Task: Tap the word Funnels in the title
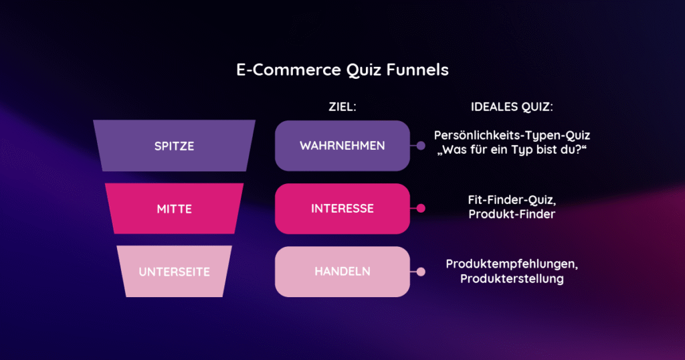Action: [x=417, y=70]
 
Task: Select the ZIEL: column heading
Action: [x=342, y=106]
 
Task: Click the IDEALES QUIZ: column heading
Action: [x=512, y=106]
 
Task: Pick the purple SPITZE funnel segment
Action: [x=175, y=145]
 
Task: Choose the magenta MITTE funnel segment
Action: [x=175, y=208]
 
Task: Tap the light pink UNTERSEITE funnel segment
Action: [x=175, y=271]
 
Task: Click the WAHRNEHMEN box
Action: [x=342, y=145]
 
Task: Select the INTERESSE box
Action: [x=342, y=208]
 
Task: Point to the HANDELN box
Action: [x=342, y=271]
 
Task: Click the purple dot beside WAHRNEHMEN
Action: [x=421, y=145]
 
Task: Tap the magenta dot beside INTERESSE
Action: [x=421, y=208]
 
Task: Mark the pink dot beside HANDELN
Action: [x=421, y=272]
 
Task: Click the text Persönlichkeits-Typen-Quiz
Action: [x=512, y=136]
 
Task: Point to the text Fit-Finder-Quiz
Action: [x=512, y=200]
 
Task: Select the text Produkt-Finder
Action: [x=512, y=214]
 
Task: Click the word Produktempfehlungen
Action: [x=512, y=264]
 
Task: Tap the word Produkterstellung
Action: [x=512, y=279]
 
